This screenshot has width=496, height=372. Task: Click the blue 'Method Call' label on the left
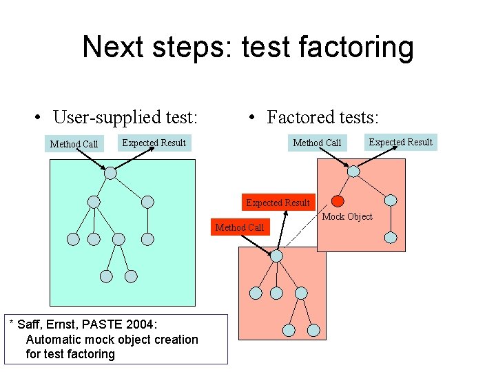click(x=74, y=144)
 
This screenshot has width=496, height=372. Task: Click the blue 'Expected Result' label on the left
click(x=154, y=143)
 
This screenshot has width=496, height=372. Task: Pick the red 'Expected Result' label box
click(x=278, y=203)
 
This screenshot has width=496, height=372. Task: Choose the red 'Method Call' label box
click(x=239, y=227)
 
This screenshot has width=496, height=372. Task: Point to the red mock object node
click(x=338, y=201)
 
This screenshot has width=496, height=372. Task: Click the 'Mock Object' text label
click(x=347, y=216)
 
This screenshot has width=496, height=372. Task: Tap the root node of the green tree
click(x=110, y=173)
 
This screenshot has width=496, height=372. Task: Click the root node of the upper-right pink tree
click(x=353, y=172)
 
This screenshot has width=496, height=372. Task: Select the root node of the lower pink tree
click(x=276, y=256)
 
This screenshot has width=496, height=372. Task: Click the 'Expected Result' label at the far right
click(x=400, y=142)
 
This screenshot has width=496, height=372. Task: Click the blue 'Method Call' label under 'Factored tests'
click(x=317, y=143)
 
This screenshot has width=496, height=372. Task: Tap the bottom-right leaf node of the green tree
click(x=131, y=276)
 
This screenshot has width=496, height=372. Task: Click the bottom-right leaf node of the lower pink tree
click(x=313, y=330)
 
